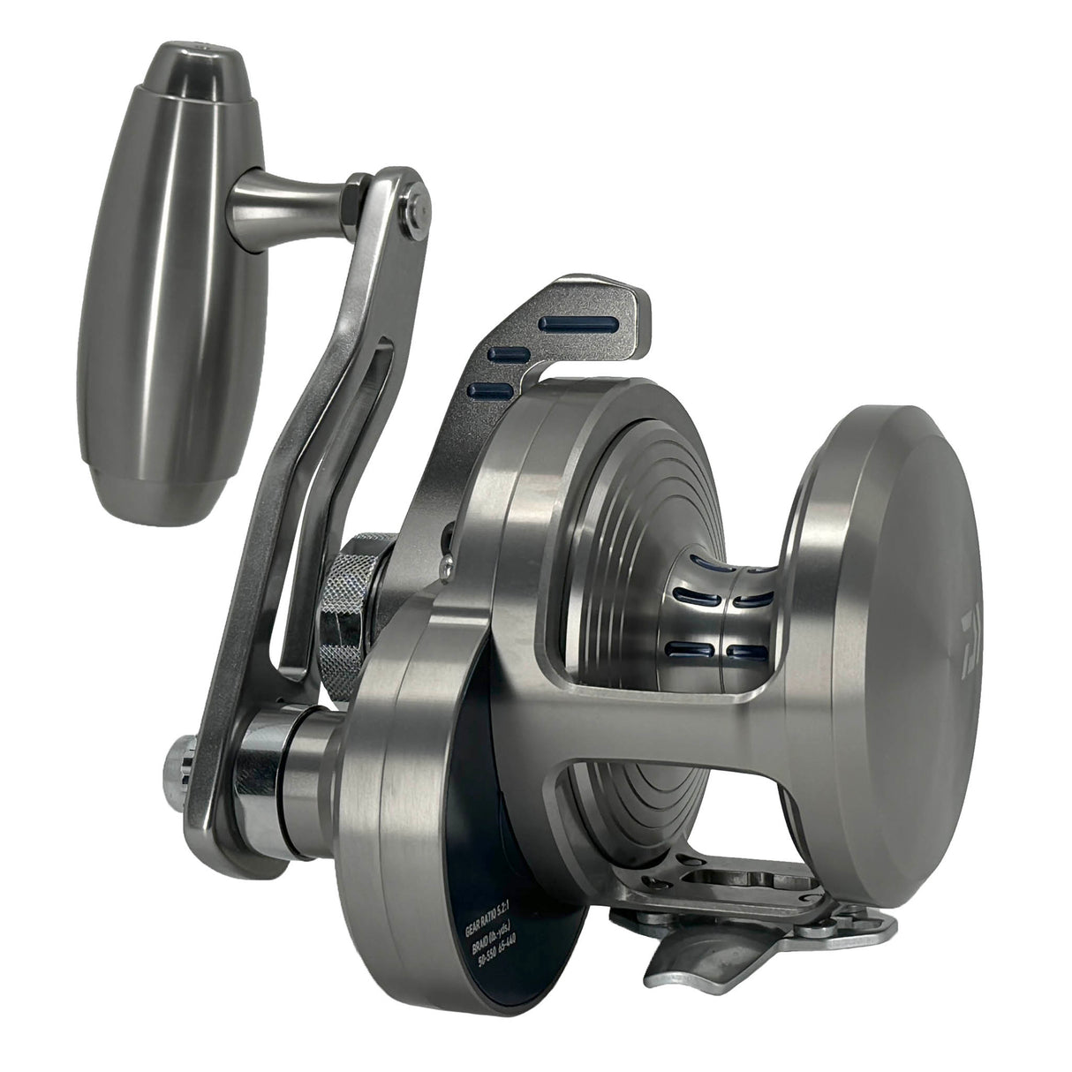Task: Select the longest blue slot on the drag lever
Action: click(x=582, y=324)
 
